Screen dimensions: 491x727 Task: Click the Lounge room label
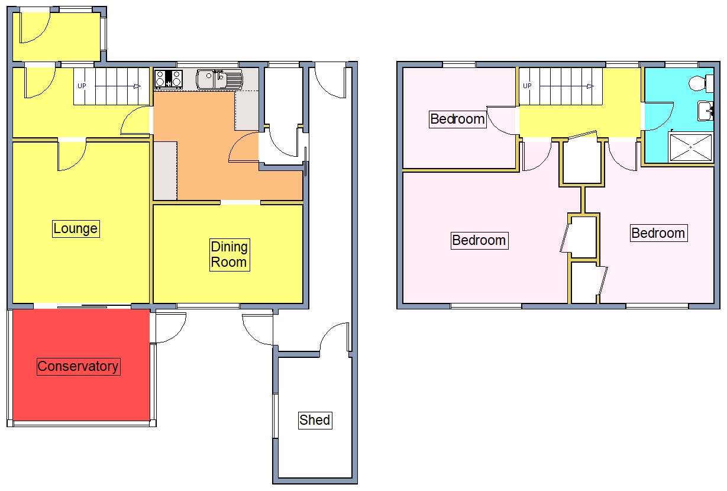click(75, 228)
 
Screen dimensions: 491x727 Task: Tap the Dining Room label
click(230, 255)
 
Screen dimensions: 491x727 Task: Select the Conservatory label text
click(78, 366)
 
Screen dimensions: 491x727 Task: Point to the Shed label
click(314, 420)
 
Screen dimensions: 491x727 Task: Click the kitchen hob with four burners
click(168, 79)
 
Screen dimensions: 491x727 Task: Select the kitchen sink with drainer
click(219, 79)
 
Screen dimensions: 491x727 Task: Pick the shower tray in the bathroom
click(691, 146)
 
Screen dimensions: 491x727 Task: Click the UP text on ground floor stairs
click(82, 86)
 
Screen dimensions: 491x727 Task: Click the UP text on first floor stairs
click(527, 86)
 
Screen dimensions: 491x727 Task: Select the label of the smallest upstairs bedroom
click(457, 119)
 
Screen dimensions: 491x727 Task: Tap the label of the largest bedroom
click(479, 240)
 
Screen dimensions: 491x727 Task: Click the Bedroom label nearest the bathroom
click(658, 233)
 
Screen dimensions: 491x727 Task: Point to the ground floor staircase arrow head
click(137, 86)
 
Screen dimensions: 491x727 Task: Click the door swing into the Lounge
click(71, 155)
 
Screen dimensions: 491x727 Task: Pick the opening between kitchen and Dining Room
click(241, 203)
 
